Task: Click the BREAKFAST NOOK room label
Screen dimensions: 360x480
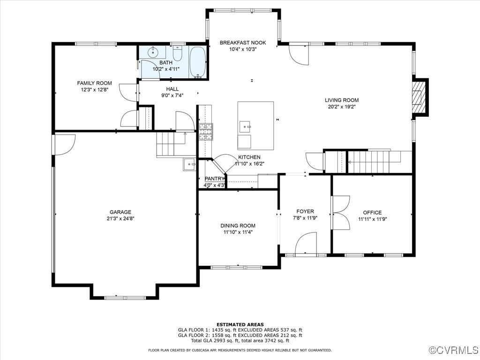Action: (243, 43)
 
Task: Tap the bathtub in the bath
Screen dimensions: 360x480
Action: (197, 62)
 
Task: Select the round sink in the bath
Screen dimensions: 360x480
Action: (153, 52)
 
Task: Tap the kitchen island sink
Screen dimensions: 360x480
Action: (245, 126)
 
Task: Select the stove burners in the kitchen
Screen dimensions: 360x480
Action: (206, 132)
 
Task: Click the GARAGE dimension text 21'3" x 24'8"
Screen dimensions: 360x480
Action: (120, 218)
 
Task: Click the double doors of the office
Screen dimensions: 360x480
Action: (341, 212)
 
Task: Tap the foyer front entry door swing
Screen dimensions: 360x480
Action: (306, 244)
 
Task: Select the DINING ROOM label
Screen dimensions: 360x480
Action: (238, 225)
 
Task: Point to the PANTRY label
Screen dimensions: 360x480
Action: (214, 179)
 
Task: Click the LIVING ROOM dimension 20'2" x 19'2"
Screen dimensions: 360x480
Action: (342, 106)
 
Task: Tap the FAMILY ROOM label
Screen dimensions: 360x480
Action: (95, 83)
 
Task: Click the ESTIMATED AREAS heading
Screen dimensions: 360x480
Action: (240, 324)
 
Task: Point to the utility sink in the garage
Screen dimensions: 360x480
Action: (189, 164)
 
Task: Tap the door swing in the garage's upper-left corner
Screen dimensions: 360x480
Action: (65, 143)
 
